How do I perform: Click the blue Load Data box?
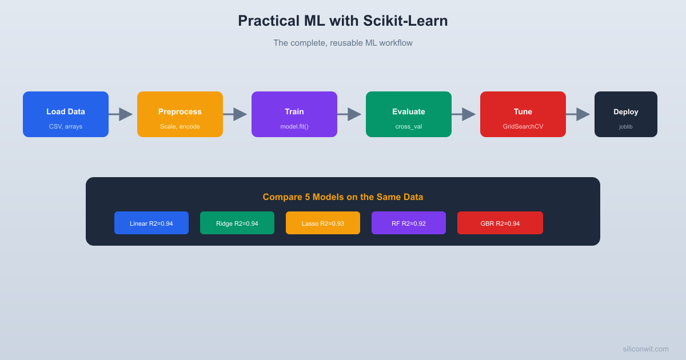(x=66, y=114)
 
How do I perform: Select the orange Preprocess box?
(x=180, y=114)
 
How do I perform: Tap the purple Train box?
(x=294, y=114)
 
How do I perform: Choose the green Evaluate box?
(x=409, y=114)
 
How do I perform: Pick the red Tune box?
(x=523, y=114)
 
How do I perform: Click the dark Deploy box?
(x=626, y=114)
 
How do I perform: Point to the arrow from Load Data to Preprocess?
(x=121, y=114)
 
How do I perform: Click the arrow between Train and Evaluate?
(x=349, y=114)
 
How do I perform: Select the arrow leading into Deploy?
(x=578, y=114)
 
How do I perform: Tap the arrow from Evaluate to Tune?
(x=464, y=114)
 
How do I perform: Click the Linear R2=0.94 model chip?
(x=151, y=223)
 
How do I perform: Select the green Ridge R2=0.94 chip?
(x=237, y=223)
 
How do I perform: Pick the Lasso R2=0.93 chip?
(x=323, y=223)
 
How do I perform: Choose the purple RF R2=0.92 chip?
(x=409, y=223)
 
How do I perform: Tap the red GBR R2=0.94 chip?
(x=500, y=223)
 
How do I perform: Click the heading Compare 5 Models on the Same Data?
(x=343, y=197)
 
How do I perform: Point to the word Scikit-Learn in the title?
(x=405, y=21)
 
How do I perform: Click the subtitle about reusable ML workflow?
(x=343, y=43)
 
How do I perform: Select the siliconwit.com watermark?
(x=645, y=349)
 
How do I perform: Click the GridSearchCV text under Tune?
(x=523, y=126)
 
